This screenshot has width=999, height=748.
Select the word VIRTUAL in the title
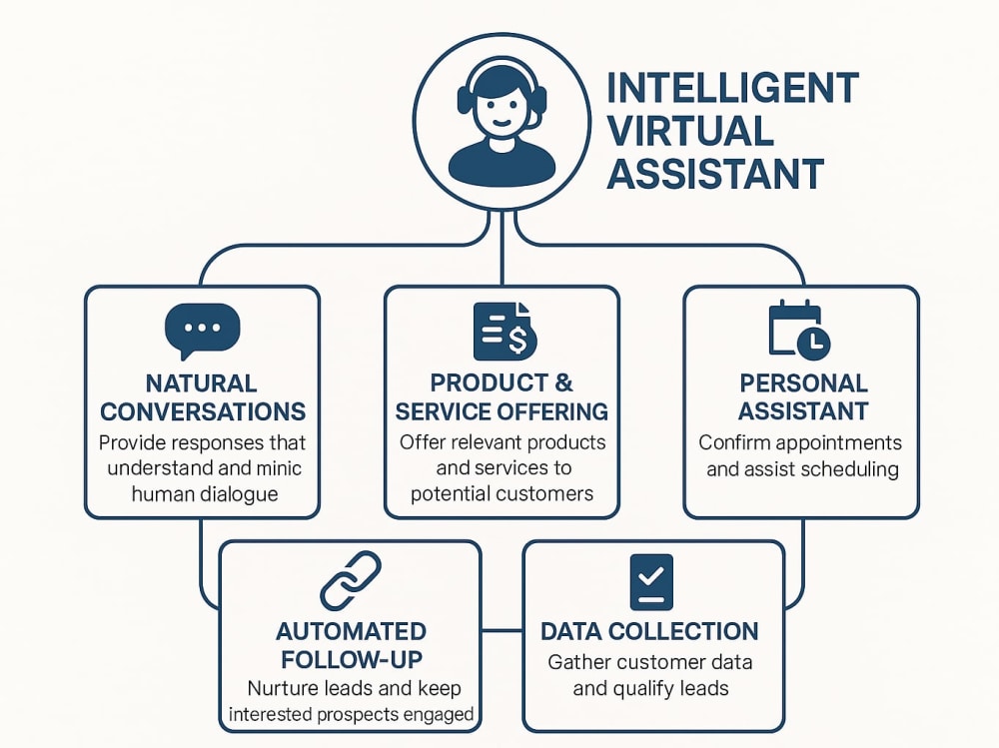(x=690, y=131)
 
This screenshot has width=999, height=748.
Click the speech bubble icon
(x=202, y=331)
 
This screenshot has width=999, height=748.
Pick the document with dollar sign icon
(x=504, y=332)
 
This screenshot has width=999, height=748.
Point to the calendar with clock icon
(x=799, y=329)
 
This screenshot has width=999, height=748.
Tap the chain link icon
(x=350, y=581)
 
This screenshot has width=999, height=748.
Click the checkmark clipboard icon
(x=651, y=582)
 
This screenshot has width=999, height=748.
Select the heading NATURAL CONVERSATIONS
(x=203, y=397)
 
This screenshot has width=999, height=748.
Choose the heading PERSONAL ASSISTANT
(x=803, y=396)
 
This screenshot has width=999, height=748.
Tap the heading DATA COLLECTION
(x=649, y=631)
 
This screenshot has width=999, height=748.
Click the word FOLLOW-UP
(x=352, y=659)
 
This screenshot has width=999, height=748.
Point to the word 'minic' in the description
(x=279, y=468)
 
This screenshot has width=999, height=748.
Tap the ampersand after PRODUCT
(x=562, y=382)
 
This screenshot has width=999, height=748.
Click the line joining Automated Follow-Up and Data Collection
(x=502, y=631)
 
